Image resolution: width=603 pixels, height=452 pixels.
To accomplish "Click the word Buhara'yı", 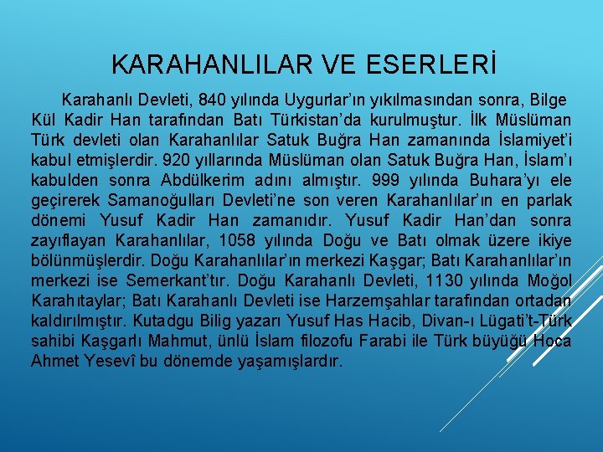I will point(464,180).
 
